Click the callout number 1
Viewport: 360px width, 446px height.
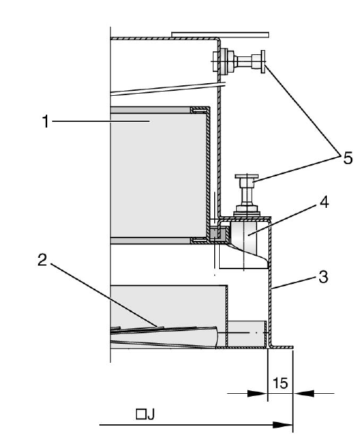pyautogui.click(x=46, y=121)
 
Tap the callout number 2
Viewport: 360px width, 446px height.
pyautogui.click(x=42, y=260)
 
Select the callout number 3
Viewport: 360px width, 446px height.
pyautogui.click(x=323, y=276)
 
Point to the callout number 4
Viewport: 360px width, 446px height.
pyautogui.click(x=324, y=202)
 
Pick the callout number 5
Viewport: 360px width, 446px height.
pyautogui.click(x=347, y=158)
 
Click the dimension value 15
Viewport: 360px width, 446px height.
pyautogui.click(x=280, y=383)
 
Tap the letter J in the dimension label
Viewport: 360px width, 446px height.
pyautogui.click(x=151, y=415)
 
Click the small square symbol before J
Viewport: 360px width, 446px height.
pyautogui.click(x=141, y=414)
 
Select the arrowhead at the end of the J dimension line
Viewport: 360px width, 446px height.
pyautogui.click(x=283, y=425)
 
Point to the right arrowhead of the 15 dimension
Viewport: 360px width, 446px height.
pyautogui.click(x=304, y=393)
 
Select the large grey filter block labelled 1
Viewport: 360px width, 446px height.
pyautogui.click(x=158, y=175)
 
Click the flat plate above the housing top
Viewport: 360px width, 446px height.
pyautogui.click(x=220, y=35)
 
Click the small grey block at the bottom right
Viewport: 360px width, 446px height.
pyautogui.click(x=247, y=334)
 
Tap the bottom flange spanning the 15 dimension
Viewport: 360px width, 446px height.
pyautogui.click(x=281, y=347)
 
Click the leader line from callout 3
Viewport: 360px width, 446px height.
pyautogui.click(x=294, y=283)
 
